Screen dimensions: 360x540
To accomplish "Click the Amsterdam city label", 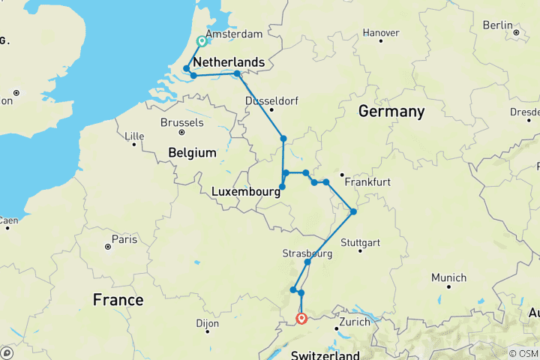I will point(233,34).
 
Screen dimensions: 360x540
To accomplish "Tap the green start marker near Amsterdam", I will point(202,42).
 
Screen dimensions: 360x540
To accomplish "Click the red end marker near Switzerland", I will point(301,319).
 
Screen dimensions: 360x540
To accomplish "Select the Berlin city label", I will point(497,25).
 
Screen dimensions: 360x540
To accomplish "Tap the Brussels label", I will point(181,122).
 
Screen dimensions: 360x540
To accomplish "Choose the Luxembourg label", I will point(246,192).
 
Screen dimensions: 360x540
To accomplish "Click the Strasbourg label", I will point(307,253).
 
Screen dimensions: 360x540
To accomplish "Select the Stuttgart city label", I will point(360,243).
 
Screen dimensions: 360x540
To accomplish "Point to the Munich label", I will point(448,277).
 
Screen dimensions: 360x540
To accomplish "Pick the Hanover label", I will point(380,33).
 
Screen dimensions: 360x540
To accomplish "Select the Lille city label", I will point(134,136).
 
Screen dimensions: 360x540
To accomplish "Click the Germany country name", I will point(391,112).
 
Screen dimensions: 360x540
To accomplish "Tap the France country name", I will point(118,300).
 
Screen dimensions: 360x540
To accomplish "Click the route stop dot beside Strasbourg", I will point(307,262).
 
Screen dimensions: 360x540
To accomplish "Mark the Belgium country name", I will point(192,152).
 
